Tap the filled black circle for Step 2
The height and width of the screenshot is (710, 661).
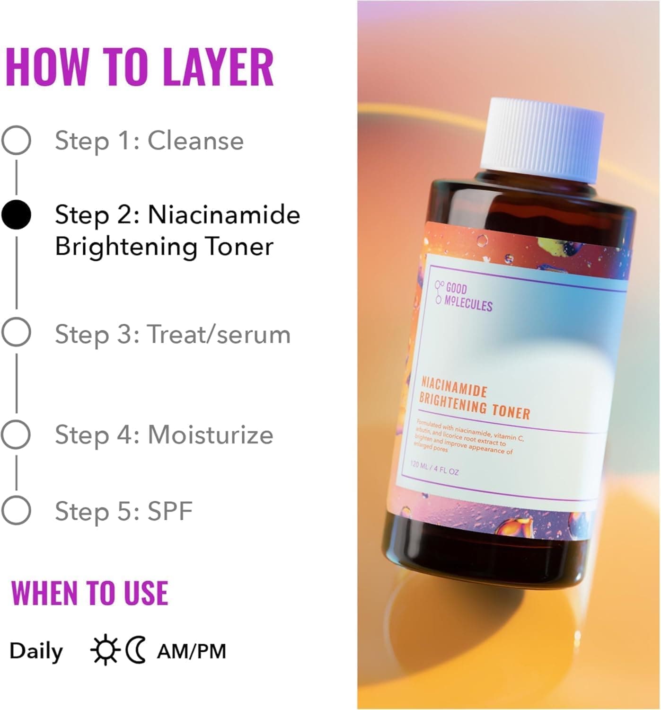16,214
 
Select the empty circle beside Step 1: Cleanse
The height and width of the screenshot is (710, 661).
16,140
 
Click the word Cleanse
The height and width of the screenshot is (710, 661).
196,141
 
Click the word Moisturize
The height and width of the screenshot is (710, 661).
211,435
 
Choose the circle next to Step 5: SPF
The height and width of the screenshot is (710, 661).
16,510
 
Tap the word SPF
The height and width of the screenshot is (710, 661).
170,511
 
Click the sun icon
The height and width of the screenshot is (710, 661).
105,650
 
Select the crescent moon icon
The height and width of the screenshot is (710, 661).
136,650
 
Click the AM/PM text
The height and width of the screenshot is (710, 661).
192,651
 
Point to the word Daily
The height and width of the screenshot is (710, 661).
36,651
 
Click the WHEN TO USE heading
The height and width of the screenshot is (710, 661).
89,593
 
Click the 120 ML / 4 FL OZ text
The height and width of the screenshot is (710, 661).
434,468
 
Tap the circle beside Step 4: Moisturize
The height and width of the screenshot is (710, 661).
16,435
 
